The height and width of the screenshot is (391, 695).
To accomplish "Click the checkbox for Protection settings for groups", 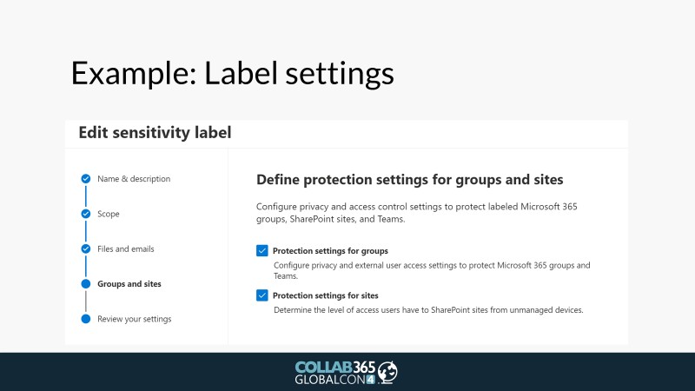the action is [x=262, y=250].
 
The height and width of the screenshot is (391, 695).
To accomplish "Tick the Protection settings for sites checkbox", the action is [x=262, y=295].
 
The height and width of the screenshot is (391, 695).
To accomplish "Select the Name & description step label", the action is [x=134, y=179].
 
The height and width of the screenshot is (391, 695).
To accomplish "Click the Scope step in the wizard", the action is [x=109, y=214].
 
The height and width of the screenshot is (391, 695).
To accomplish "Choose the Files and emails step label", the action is [x=126, y=249].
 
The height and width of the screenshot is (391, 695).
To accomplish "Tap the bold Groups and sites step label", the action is [x=129, y=284].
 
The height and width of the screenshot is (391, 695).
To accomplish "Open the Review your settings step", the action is [x=135, y=319].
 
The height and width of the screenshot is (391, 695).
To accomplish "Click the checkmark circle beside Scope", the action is [x=86, y=214].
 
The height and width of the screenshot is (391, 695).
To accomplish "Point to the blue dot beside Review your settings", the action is [x=86, y=319].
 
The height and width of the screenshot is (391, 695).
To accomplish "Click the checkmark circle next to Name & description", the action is [x=86, y=179].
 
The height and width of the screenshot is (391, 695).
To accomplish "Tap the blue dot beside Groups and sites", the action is [x=86, y=284].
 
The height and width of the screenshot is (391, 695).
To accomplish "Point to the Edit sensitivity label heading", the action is [x=155, y=133].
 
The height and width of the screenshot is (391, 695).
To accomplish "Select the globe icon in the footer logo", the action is [x=387, y=373].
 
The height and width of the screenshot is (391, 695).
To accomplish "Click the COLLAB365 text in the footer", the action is [x=335, y=368].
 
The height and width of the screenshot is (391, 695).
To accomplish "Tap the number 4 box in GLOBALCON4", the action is [x=371, y=380].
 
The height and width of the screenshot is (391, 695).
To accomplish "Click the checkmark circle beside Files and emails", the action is [x=86, y=249].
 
